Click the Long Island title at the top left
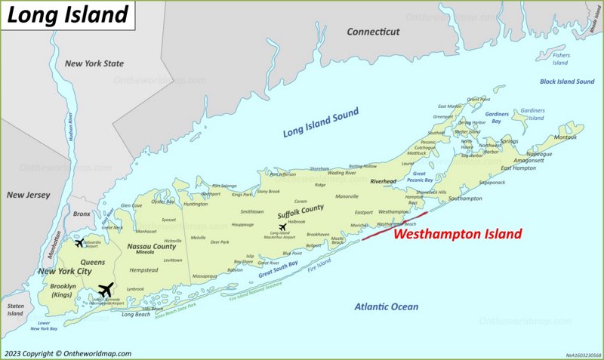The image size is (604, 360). tap(68, 15)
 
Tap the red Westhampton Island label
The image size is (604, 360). tap(458, 235)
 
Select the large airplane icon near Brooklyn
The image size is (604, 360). tap(106, 290)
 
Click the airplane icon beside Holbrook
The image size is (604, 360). tap(282, 227)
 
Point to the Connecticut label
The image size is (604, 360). tap(373, 32)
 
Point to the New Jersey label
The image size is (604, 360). tap(28, 195)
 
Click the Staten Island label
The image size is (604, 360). tap(15, 309)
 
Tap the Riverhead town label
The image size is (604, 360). tap(384, 182)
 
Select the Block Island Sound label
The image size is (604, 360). tap(567, 82)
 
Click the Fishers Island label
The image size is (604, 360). tap(559, 59)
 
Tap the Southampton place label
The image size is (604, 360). tap(465, 198)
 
